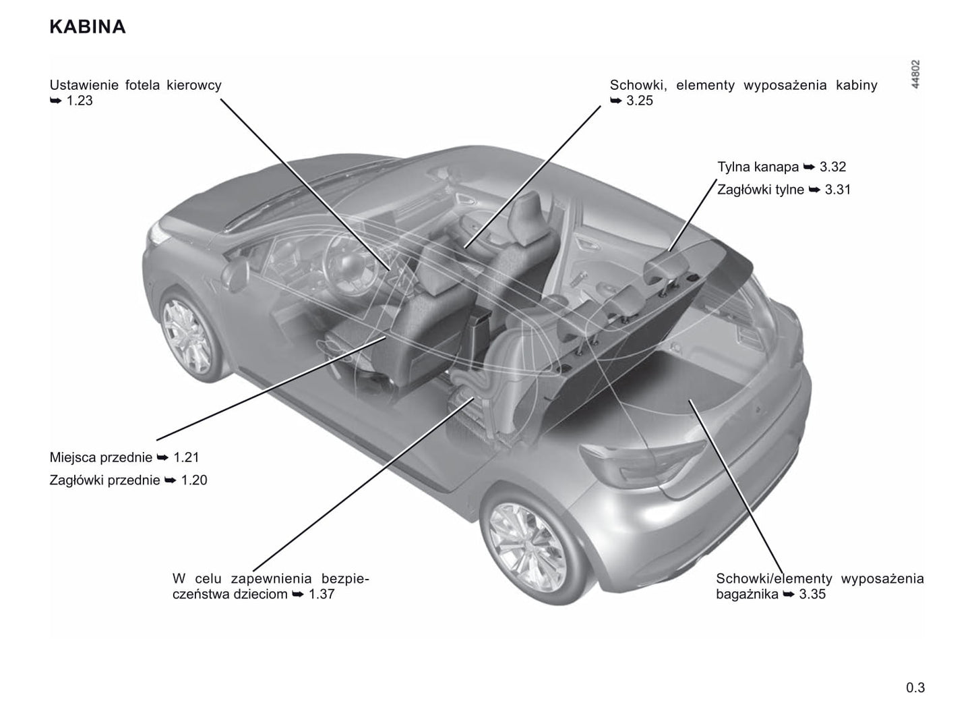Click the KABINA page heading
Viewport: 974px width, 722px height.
point(88,27)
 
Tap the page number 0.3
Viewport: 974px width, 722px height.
point(915,688)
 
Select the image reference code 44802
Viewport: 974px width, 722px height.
point(915,74)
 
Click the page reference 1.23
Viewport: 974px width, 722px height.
point(80,101)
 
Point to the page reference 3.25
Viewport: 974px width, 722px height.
point(640,101)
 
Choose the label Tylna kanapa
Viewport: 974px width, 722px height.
point(758,167)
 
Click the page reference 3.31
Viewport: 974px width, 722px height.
point(838,190)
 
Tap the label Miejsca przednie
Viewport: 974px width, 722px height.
point(101,457)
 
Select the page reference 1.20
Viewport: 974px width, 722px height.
point(194,480)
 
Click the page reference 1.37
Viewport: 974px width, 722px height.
point(322,594)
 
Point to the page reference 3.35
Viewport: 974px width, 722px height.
point(812,594)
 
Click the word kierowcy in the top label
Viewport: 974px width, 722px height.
point(194,85)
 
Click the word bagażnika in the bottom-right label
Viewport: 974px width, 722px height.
point(747,594)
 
